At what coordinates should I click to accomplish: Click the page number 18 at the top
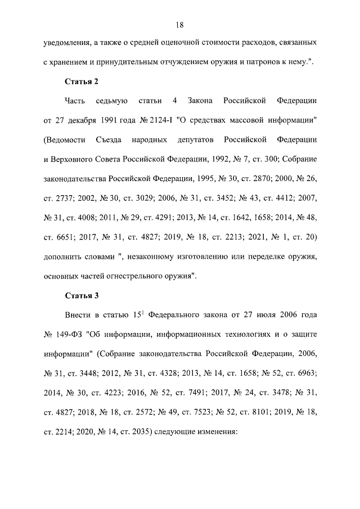coord(180,25)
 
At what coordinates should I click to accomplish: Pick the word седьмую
coord(112,101)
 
